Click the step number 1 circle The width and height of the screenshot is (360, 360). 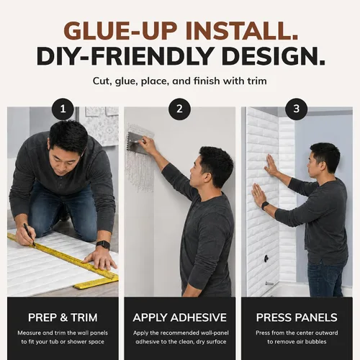(63, 109)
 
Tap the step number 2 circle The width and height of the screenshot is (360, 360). (179, 109)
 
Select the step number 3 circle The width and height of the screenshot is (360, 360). (297, 109)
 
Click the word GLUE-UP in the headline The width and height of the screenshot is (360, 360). (120, 31)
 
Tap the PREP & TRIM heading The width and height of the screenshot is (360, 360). (63, 318)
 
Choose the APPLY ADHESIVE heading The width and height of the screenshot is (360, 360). (180, 318)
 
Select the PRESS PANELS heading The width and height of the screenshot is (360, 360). (297, 318)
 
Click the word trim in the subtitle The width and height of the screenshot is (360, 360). (257, 81)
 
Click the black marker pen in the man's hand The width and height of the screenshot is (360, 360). (30, 235)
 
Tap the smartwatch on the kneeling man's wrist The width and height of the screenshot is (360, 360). (103, 245)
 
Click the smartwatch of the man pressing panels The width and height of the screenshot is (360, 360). (265, 206)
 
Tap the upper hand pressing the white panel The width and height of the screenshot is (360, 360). (271, 165)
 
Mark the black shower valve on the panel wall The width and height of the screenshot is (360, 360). (266, 258)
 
